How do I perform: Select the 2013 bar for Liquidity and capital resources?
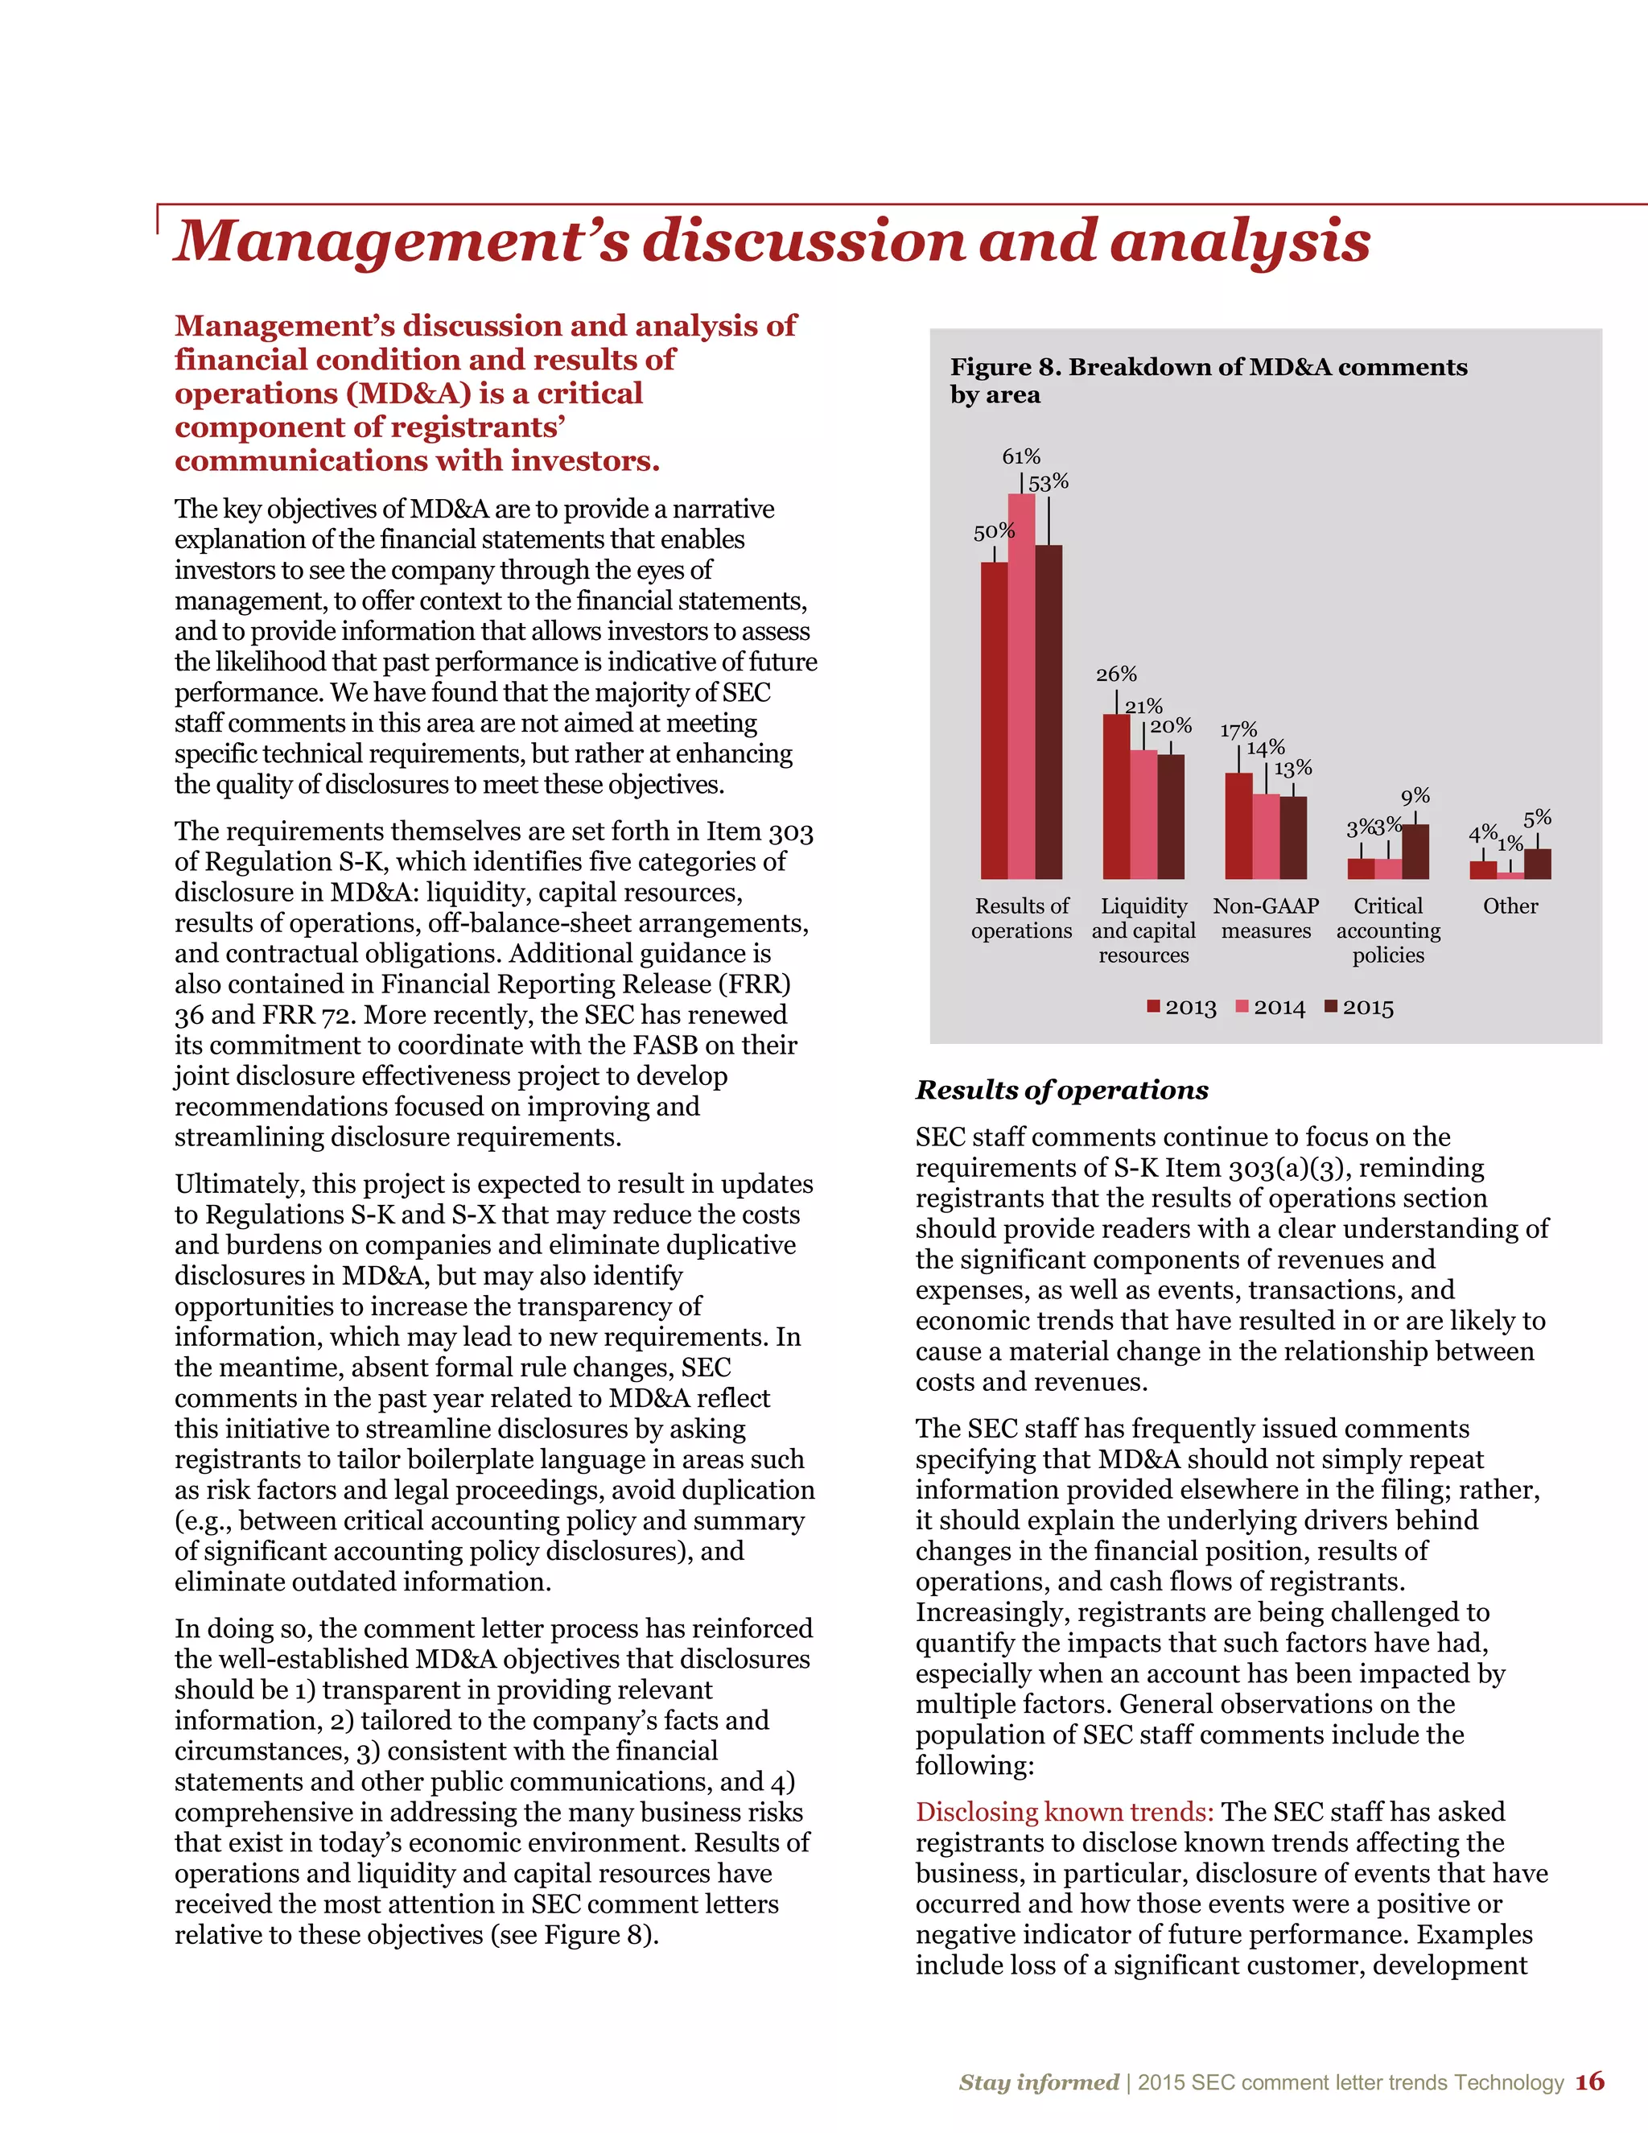[1117, 797]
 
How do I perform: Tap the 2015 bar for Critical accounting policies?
[1415, 852]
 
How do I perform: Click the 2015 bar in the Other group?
[1537, 864]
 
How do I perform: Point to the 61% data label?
[1021, 457]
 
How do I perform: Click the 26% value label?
[1116, 675]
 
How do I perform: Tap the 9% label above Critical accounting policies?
[1415, 797]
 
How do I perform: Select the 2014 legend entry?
[1270, 1008]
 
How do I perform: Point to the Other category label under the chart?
[1510, 906]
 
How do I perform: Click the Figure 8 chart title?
[1208, 381]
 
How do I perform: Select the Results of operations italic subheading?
[1061, 1090]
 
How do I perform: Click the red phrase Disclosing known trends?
[1064, 1813]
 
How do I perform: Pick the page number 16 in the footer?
[1589, 2082]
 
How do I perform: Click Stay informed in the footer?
[1038, 2082]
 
